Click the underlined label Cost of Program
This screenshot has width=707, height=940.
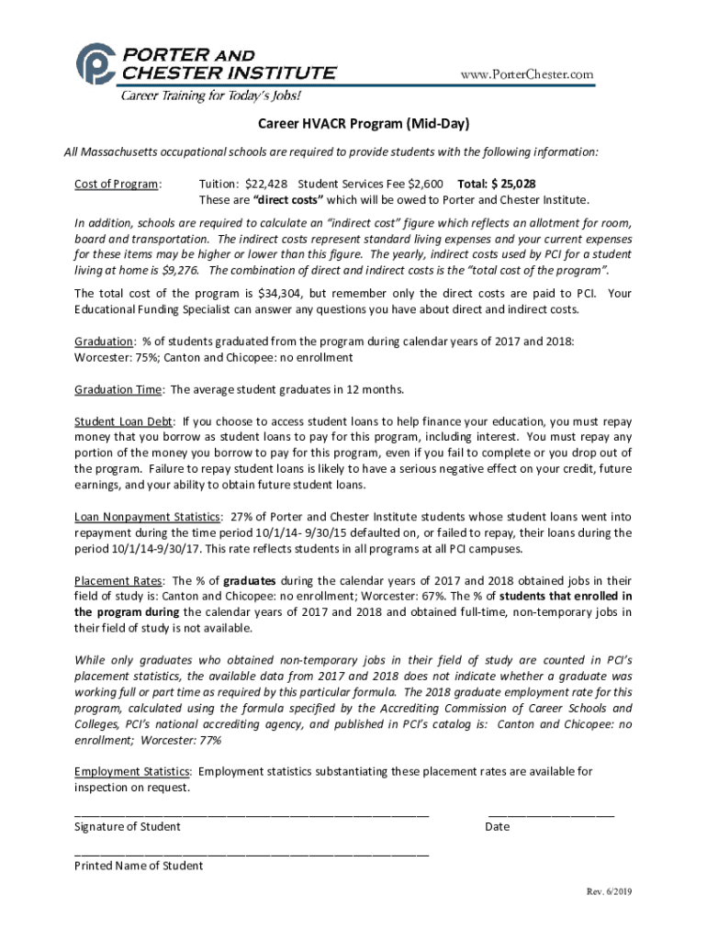pyautogui.click(x=117, y=184)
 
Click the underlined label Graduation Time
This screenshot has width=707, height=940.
pyautogui.click(x=118, y=389)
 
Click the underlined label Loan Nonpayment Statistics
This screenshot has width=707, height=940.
pyautogui.click(x=148, y=517)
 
